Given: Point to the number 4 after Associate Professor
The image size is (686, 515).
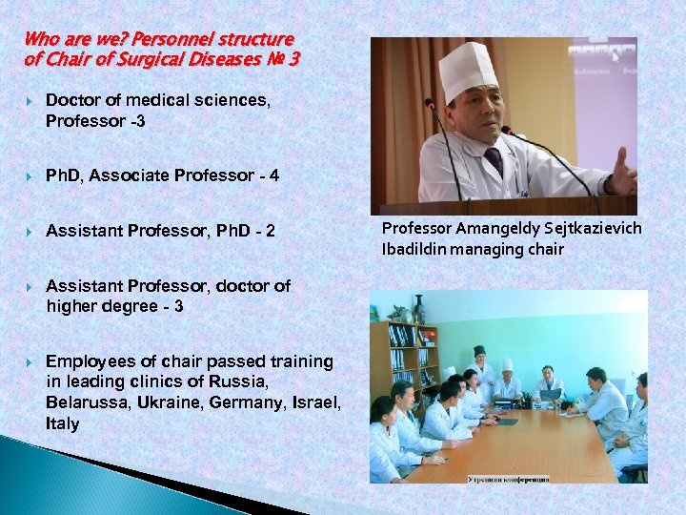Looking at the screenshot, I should click(x=274, y=175).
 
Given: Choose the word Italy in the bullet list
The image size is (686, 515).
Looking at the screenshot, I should click(x=63, y=423).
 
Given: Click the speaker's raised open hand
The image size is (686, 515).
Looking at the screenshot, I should click(x=623, y=172).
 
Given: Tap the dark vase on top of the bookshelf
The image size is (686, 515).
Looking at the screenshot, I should click(x=420, y=309).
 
